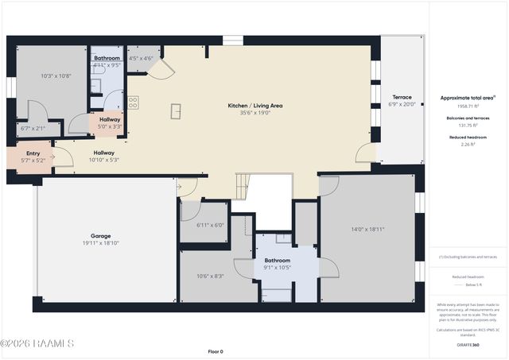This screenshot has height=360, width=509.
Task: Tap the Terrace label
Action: [402, 97]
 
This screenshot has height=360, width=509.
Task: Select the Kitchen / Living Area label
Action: [255, 105]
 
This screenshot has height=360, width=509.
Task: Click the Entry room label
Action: [33, 153]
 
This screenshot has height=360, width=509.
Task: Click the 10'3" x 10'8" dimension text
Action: [56, 75]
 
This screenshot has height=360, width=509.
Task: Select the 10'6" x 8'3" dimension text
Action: [210, 276]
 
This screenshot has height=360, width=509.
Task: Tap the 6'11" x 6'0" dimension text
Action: [210, 225]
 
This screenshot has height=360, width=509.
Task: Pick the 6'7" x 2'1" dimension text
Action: [33, 128]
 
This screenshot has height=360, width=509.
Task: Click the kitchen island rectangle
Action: [176, 111]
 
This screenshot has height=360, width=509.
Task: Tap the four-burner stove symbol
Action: [133, 102]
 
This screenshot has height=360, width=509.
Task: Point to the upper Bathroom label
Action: [107, 58]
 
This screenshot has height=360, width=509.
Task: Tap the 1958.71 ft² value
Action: [468, 106]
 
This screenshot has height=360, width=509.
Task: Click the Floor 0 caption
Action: [216, 350]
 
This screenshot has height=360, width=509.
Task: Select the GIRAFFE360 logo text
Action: [468, 345]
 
